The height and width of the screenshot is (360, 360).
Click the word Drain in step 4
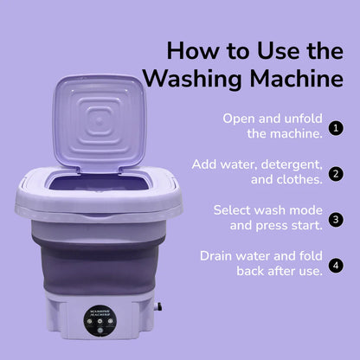218,256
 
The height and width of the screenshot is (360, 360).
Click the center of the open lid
98,123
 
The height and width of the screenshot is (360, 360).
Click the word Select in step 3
233,210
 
